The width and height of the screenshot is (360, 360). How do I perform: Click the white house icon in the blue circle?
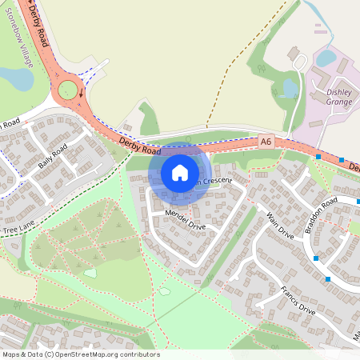coord(179,173)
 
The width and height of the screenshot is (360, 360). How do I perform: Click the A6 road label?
coord(266,141)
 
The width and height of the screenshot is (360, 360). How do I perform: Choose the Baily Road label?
coord(53,158)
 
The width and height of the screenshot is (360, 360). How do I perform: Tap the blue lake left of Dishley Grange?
coord(290,88)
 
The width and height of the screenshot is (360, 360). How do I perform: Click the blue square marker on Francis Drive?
coord(328,278)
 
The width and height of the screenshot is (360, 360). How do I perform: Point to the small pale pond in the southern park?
coord(164,291)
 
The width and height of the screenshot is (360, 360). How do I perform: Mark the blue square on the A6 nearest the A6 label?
coord(319,158)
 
